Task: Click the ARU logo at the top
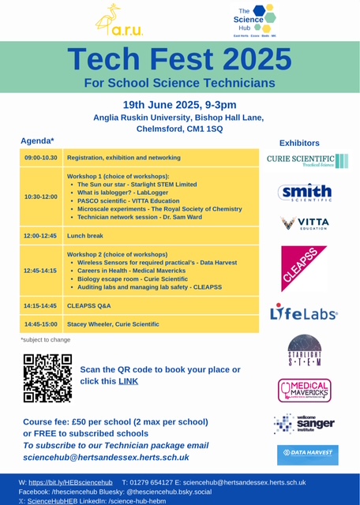click(119, 20)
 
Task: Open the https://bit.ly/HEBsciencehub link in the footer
click(70, 481)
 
